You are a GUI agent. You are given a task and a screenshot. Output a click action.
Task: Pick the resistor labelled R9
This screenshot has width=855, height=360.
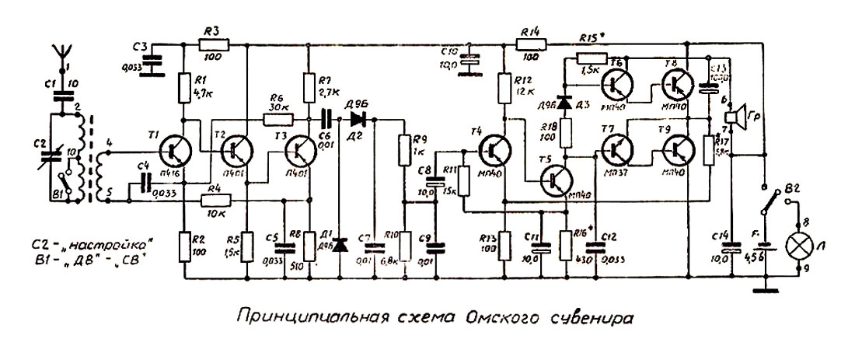click(x=404, y=148)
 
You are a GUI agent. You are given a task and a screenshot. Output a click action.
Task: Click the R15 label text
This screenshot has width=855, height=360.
click(x=593, y=37)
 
